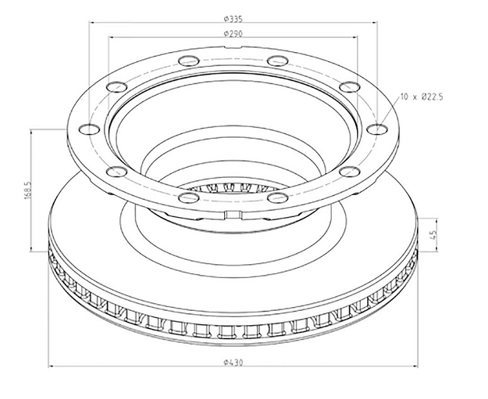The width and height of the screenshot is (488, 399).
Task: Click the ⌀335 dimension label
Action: tap(233, 19)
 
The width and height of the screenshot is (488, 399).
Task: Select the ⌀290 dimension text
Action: tap(233, 33)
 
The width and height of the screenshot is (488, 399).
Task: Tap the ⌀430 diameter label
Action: tap(233, 362)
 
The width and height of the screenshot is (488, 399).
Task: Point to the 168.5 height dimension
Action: tap(27, 190)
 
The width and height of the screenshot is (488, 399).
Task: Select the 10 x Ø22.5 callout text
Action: tap(421, 97)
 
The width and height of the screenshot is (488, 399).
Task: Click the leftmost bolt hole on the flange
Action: tap(89, 128)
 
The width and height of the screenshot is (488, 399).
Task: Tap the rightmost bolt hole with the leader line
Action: tap(377, 128)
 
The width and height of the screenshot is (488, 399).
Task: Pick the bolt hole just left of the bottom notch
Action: tap(189, 197)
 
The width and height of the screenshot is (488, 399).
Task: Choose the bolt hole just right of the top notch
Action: tap(277, 60)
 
